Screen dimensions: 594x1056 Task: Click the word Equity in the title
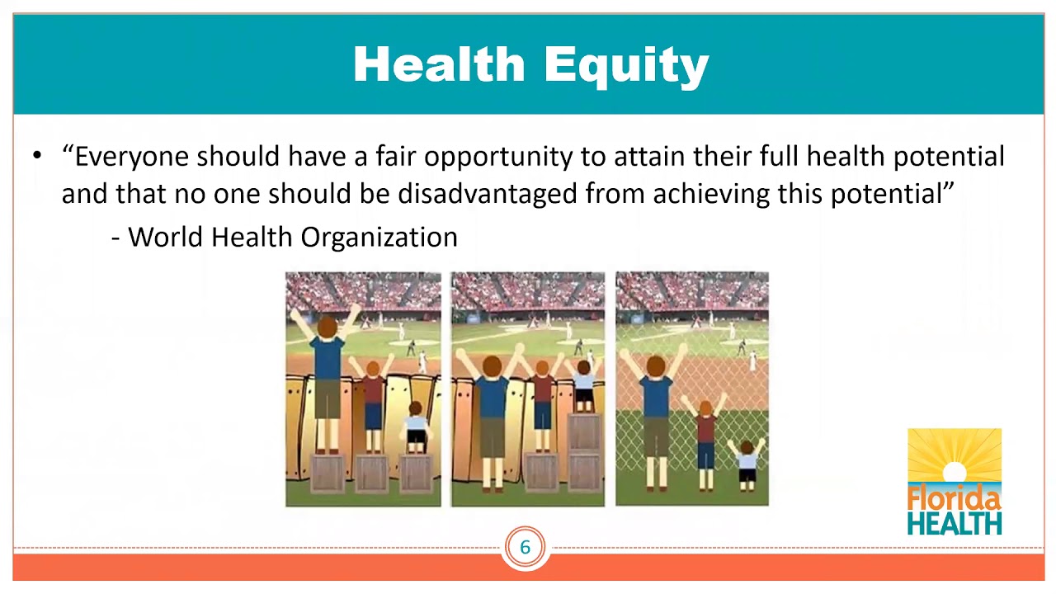[x=626, y=65]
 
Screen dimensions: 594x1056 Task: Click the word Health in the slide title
[x=439, y=64]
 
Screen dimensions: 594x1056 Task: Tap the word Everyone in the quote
[x=132, y=157]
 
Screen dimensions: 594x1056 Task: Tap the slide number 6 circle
[x=525, y=547]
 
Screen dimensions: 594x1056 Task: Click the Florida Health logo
[x=955, y=482]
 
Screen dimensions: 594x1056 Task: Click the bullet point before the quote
[x=37, y=156]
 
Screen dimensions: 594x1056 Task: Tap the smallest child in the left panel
[x=416, y=427]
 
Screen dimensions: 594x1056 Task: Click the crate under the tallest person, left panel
[x=327, y=474]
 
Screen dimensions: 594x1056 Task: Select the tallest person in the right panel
[x=656, y=412]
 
